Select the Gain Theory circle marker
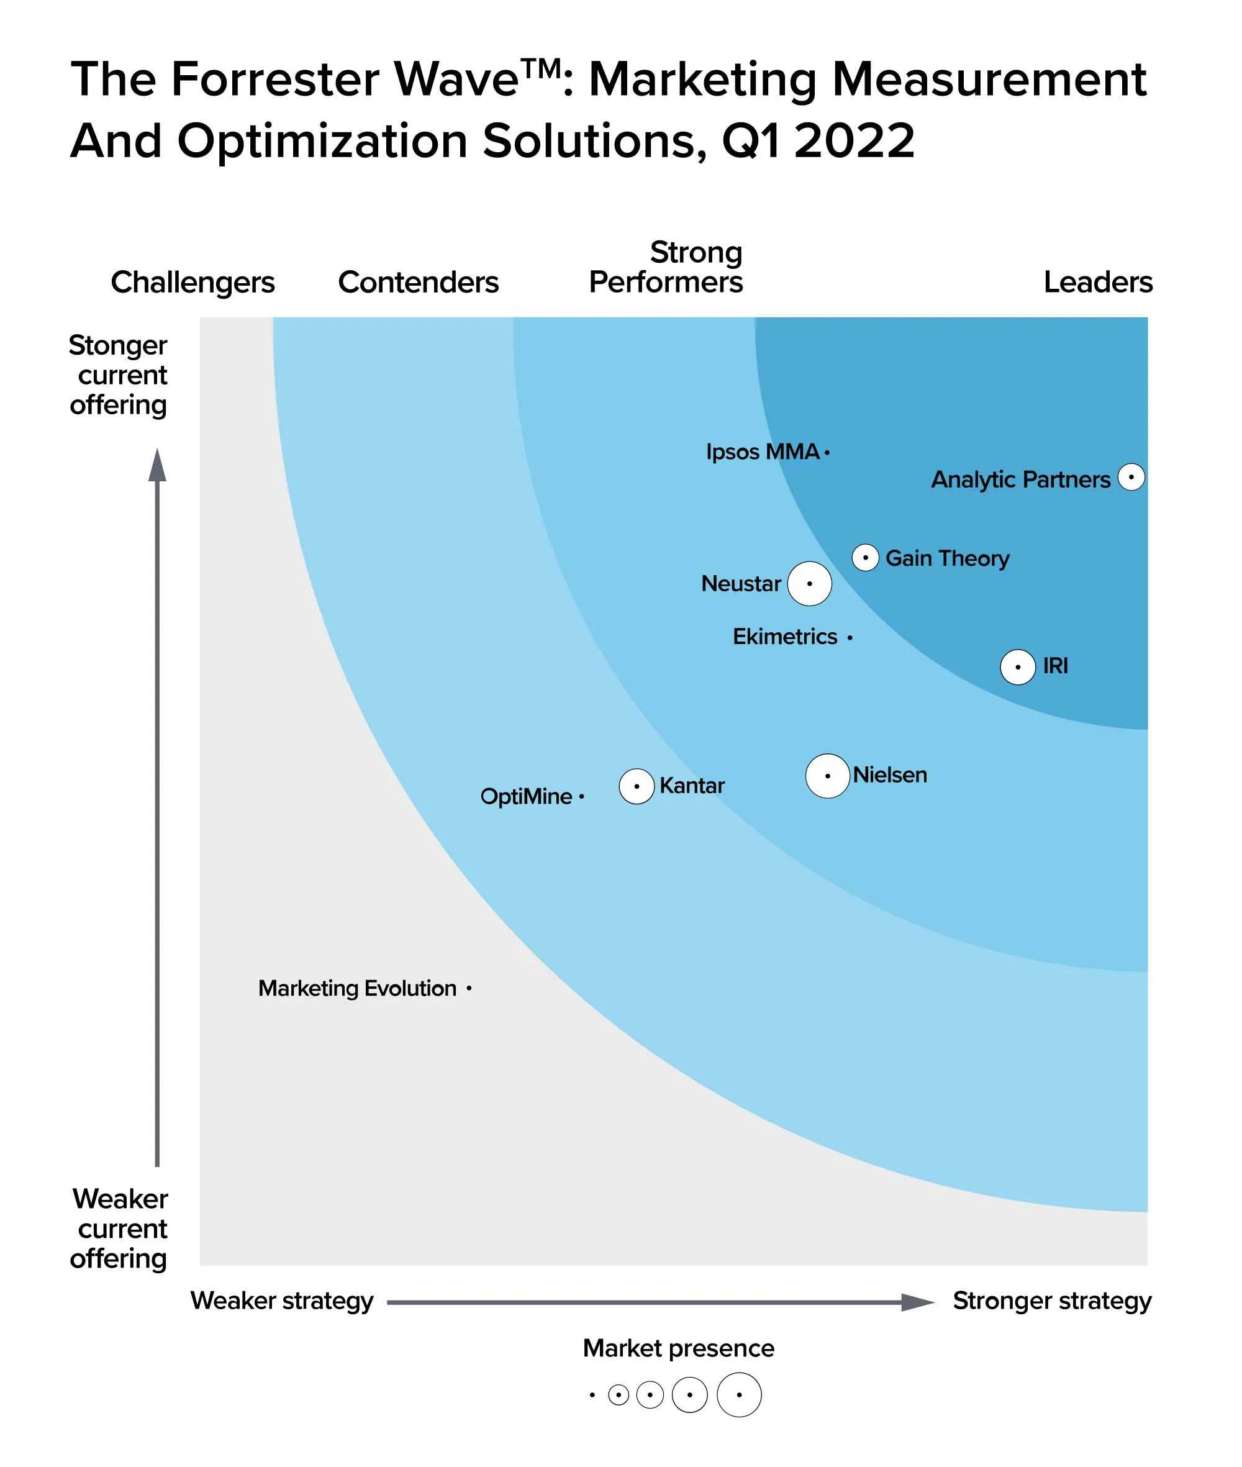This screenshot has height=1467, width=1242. pyautogui.click(x=864, y=558)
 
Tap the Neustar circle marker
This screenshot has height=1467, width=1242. pyautogui.click(x=809, y=583)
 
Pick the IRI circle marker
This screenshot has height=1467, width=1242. pyautogui.click(x=1017, y=666)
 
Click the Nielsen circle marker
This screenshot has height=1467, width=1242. pyautogui.click(x=827, y=776)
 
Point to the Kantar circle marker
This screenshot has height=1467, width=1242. pyautogui.click(x=637, y=786)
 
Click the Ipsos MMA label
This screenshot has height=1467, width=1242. pyautogui.click(x=763, y=452)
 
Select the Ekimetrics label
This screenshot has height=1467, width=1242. pyautogui.click(x=785, y=637)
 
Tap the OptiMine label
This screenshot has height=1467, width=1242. pyautogui.click(x=526, y=796)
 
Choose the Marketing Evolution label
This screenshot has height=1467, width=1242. pyautogui.click(x=357, y=988)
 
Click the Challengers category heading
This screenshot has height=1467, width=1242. pyautogui.click(x=193, y=283)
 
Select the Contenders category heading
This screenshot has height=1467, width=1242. pyautogui.click(x=418, y=283)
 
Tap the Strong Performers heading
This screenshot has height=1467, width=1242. pyautogui.click(x=666, y=268)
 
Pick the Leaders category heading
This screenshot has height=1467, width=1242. pyautogui.click(x=1098, y=283)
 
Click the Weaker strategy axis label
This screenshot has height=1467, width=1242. pyautogui.click(x=282, y=1300)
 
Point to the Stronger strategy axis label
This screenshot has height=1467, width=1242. pyautogui.click(x=1052, y=1300)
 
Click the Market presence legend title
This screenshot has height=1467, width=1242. pyautogui.click(x=678, y=1348)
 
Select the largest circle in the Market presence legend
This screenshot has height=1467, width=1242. pyautogui.click(x=738, y=1394)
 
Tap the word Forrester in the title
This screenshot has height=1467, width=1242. pyautogui.click(x=274, y=79)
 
